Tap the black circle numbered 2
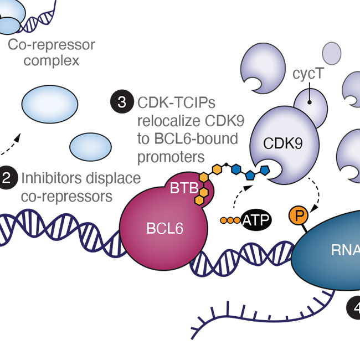pyautogui.click(x=6, y=178)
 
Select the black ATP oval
pyautogui.click(x=255, y=220)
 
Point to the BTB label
pyautogui.click(x=183, y=188)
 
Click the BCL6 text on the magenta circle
pyautogui.click(x=164, y=228)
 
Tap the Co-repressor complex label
pyautogui.click(x=51, y=52)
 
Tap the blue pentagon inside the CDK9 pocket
pyautogui.click(x=264, y=169)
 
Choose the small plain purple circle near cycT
pyautogui.click(x=331, y=53)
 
